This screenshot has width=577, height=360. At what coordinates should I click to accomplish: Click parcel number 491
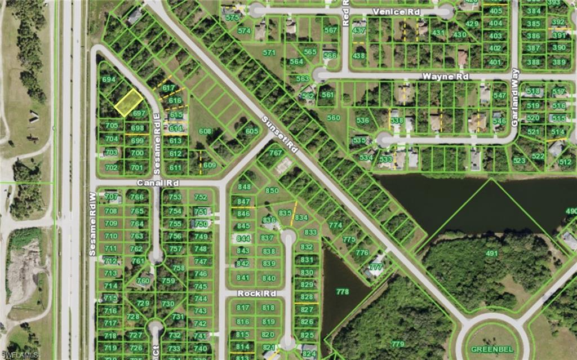point(492,254)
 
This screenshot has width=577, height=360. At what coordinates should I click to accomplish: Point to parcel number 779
point(398,344)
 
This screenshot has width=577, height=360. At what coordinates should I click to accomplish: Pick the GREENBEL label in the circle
point(487,348)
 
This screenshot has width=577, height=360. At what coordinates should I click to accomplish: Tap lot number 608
point(205,131)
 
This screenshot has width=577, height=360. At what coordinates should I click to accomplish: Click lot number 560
point(334,118)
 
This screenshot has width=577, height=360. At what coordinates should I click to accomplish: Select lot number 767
point(276,153)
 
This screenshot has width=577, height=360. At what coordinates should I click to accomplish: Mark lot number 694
point(109,79)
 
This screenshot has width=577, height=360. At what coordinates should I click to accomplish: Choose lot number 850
point(272,190)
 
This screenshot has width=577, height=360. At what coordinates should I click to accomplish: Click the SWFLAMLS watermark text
point(20,355)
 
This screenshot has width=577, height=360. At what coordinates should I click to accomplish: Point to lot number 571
point(270,52)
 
